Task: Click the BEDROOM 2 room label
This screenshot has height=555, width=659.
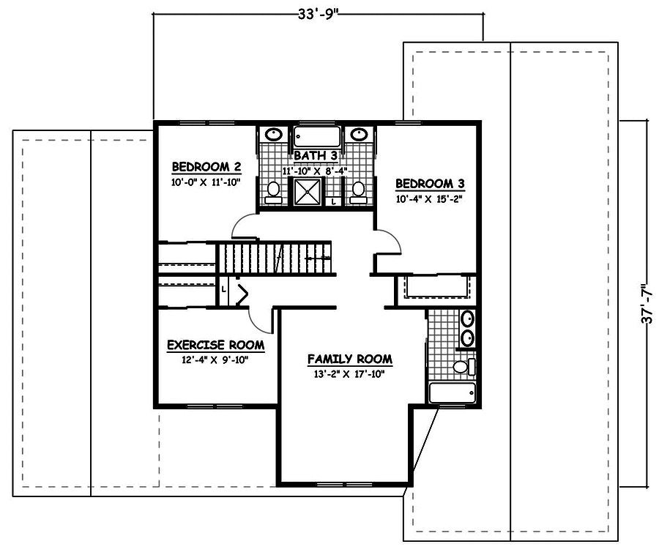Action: (201, 165)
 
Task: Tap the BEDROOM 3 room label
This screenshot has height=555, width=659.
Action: (430, 184)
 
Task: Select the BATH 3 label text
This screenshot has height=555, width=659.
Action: (315, 156)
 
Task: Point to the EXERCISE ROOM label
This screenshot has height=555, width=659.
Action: (215, 345)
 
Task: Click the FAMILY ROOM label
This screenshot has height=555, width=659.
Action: (349, 360)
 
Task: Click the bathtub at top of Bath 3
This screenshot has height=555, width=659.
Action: (316, 137)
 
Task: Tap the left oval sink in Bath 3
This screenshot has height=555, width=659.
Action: (273, 135)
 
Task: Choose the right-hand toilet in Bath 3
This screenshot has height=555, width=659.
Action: (358, 190)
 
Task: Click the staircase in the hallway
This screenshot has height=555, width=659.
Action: (275, 258)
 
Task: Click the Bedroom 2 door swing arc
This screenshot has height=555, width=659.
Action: (244, 226)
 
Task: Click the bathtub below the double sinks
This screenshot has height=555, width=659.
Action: (453, 392)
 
